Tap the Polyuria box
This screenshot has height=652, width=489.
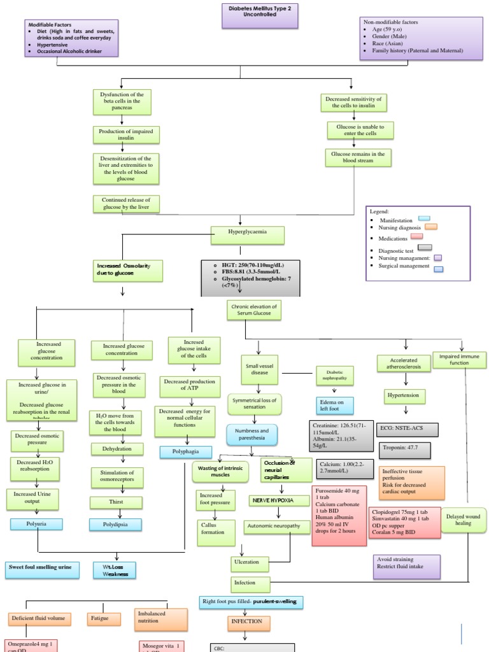(x=37, y=524)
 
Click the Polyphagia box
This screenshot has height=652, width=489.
(x=187, y=452)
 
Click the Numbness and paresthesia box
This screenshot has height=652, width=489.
(x=252, y=435)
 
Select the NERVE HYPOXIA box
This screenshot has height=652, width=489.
(x=272, y=500)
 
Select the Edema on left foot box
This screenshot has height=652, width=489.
(x=335, y=406)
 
